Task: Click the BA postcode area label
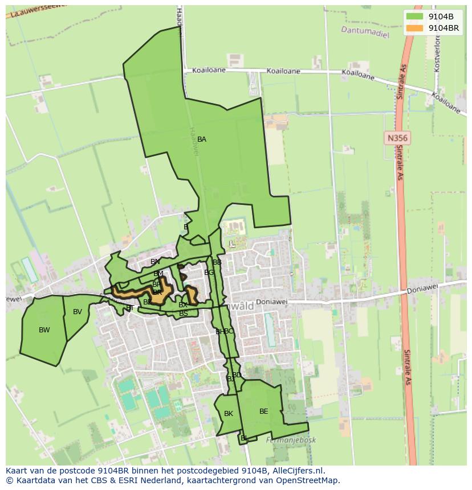point(201,139)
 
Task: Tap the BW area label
point(44,330)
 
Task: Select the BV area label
point(78,312)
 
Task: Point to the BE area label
point(263,411)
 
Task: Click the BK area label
point(228,414)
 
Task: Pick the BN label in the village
point(155,262)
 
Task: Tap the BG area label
point(209,273)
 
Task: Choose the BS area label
point(183,314)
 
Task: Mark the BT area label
point(130,308)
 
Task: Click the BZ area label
point(147,302)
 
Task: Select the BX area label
point(182,305)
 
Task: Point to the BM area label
point(158,274)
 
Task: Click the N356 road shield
point(397,138)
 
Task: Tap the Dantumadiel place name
point(365,31)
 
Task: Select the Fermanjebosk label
point(291,440)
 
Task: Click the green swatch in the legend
point(414,17)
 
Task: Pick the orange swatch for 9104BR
point(414,27)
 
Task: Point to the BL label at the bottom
point(244,438)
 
